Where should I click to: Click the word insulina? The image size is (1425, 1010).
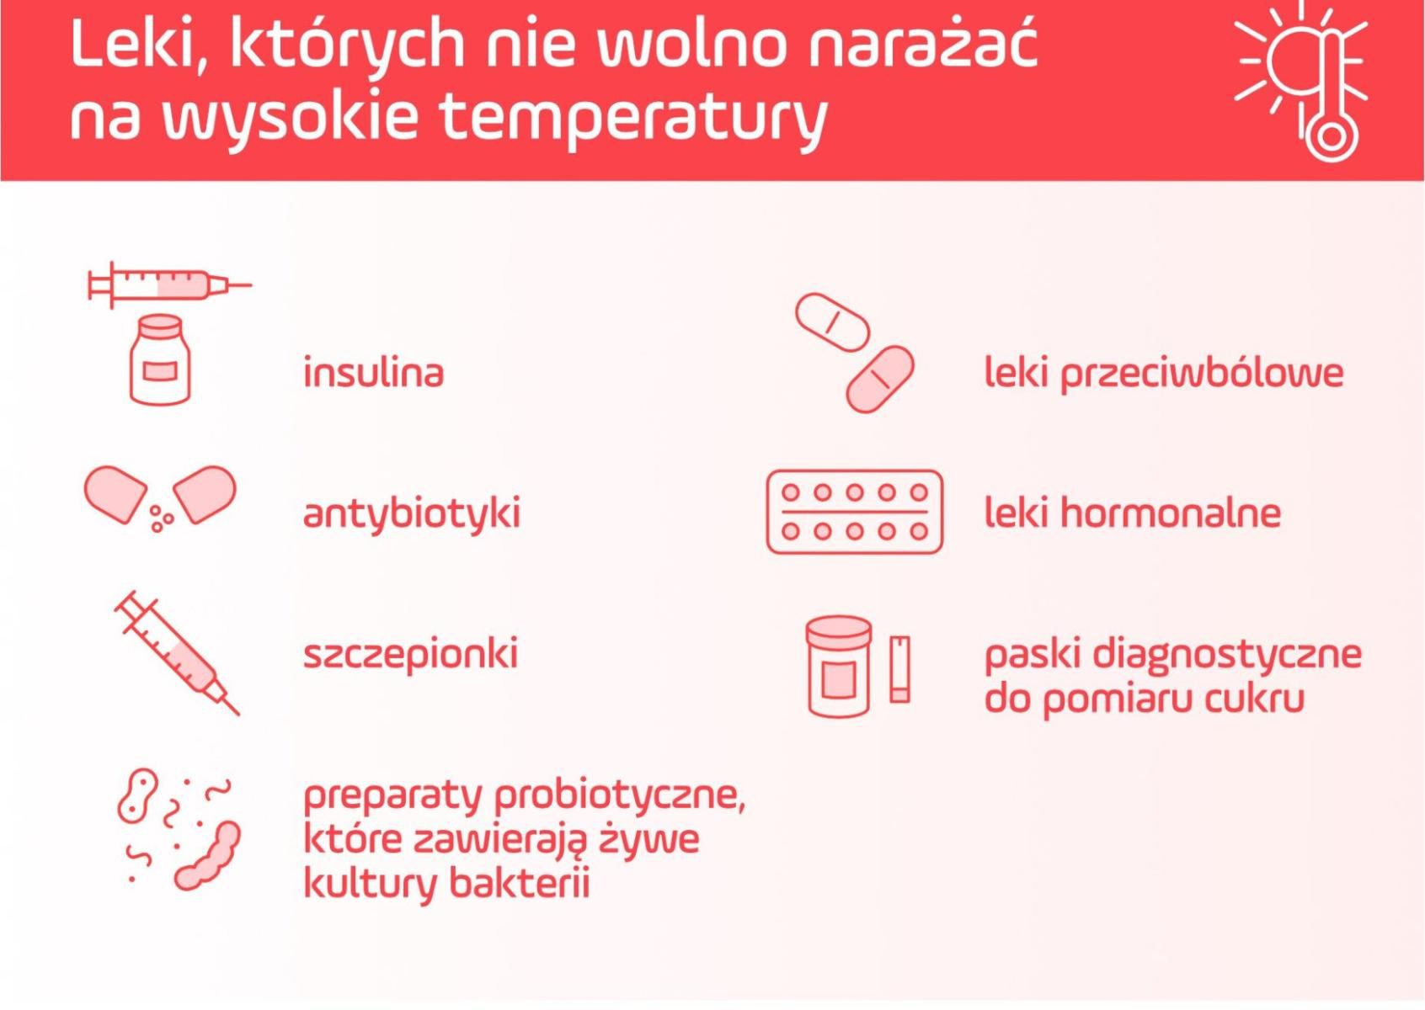373,372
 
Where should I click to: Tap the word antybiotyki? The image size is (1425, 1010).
411,513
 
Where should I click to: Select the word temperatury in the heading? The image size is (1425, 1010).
633,116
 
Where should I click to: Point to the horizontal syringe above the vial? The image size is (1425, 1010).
168,284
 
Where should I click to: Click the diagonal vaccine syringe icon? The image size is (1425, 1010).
178,653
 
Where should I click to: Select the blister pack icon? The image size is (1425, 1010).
854,512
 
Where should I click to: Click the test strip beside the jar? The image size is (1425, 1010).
900,668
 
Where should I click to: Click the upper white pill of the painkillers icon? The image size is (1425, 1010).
832,322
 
